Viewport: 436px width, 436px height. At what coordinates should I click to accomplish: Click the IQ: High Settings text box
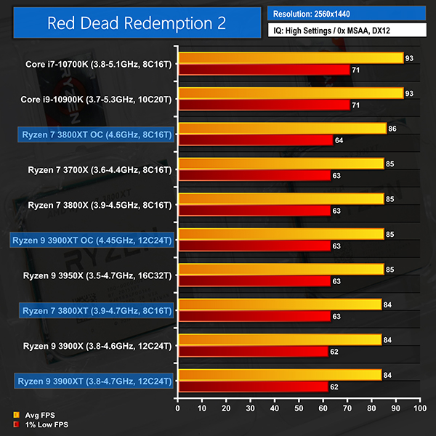[347, 33]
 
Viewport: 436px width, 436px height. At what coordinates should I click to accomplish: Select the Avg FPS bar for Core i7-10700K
[291, 57]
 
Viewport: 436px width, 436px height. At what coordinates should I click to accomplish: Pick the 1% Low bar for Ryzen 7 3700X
[254, 175]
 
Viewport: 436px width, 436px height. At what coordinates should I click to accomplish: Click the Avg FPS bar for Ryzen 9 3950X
[280, 269]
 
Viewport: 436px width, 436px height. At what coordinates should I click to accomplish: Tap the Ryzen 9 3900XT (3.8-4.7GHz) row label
[93, 381]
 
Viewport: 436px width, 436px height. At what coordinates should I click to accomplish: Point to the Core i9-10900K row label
[96, 100]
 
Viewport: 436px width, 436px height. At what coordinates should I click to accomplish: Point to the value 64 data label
[339, 140]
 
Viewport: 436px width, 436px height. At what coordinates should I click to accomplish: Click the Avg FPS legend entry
[35, 416]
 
